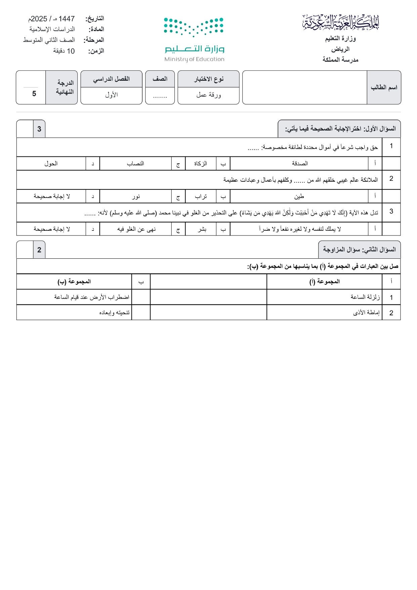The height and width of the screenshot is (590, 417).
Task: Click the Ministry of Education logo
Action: click(194, 40)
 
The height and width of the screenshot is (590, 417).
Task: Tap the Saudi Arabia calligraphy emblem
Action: click(340, 23)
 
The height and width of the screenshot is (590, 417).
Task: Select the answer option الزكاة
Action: click(201, 163)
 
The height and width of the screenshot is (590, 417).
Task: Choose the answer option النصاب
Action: click(135, 163)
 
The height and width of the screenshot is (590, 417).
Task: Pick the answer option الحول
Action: click(51, 163)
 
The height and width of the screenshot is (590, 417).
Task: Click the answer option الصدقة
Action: click(300, 163)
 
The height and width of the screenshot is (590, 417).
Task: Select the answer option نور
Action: click(136, 196)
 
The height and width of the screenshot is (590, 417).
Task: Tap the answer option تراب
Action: click(201, 196)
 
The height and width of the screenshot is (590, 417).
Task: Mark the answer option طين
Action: click(299, 196)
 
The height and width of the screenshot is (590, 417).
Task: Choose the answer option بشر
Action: click(202, 229)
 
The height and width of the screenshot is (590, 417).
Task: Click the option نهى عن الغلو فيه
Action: click(136, 229)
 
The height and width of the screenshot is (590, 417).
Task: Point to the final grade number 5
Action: click(34, 94)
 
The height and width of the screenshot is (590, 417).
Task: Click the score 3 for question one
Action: click(39, 129)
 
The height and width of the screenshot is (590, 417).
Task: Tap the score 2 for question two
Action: click(39, 250)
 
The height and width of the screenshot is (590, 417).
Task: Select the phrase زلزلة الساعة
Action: click(365, 297)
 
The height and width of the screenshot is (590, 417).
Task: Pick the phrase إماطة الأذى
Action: click(366, 312)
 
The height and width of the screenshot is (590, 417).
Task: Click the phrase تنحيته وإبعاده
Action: click(114, 312)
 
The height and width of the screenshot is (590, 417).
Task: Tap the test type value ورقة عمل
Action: click(209, 95)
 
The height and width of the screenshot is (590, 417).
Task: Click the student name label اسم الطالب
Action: click(384, 87)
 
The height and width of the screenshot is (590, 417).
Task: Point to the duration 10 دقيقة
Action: click(64, 51)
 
